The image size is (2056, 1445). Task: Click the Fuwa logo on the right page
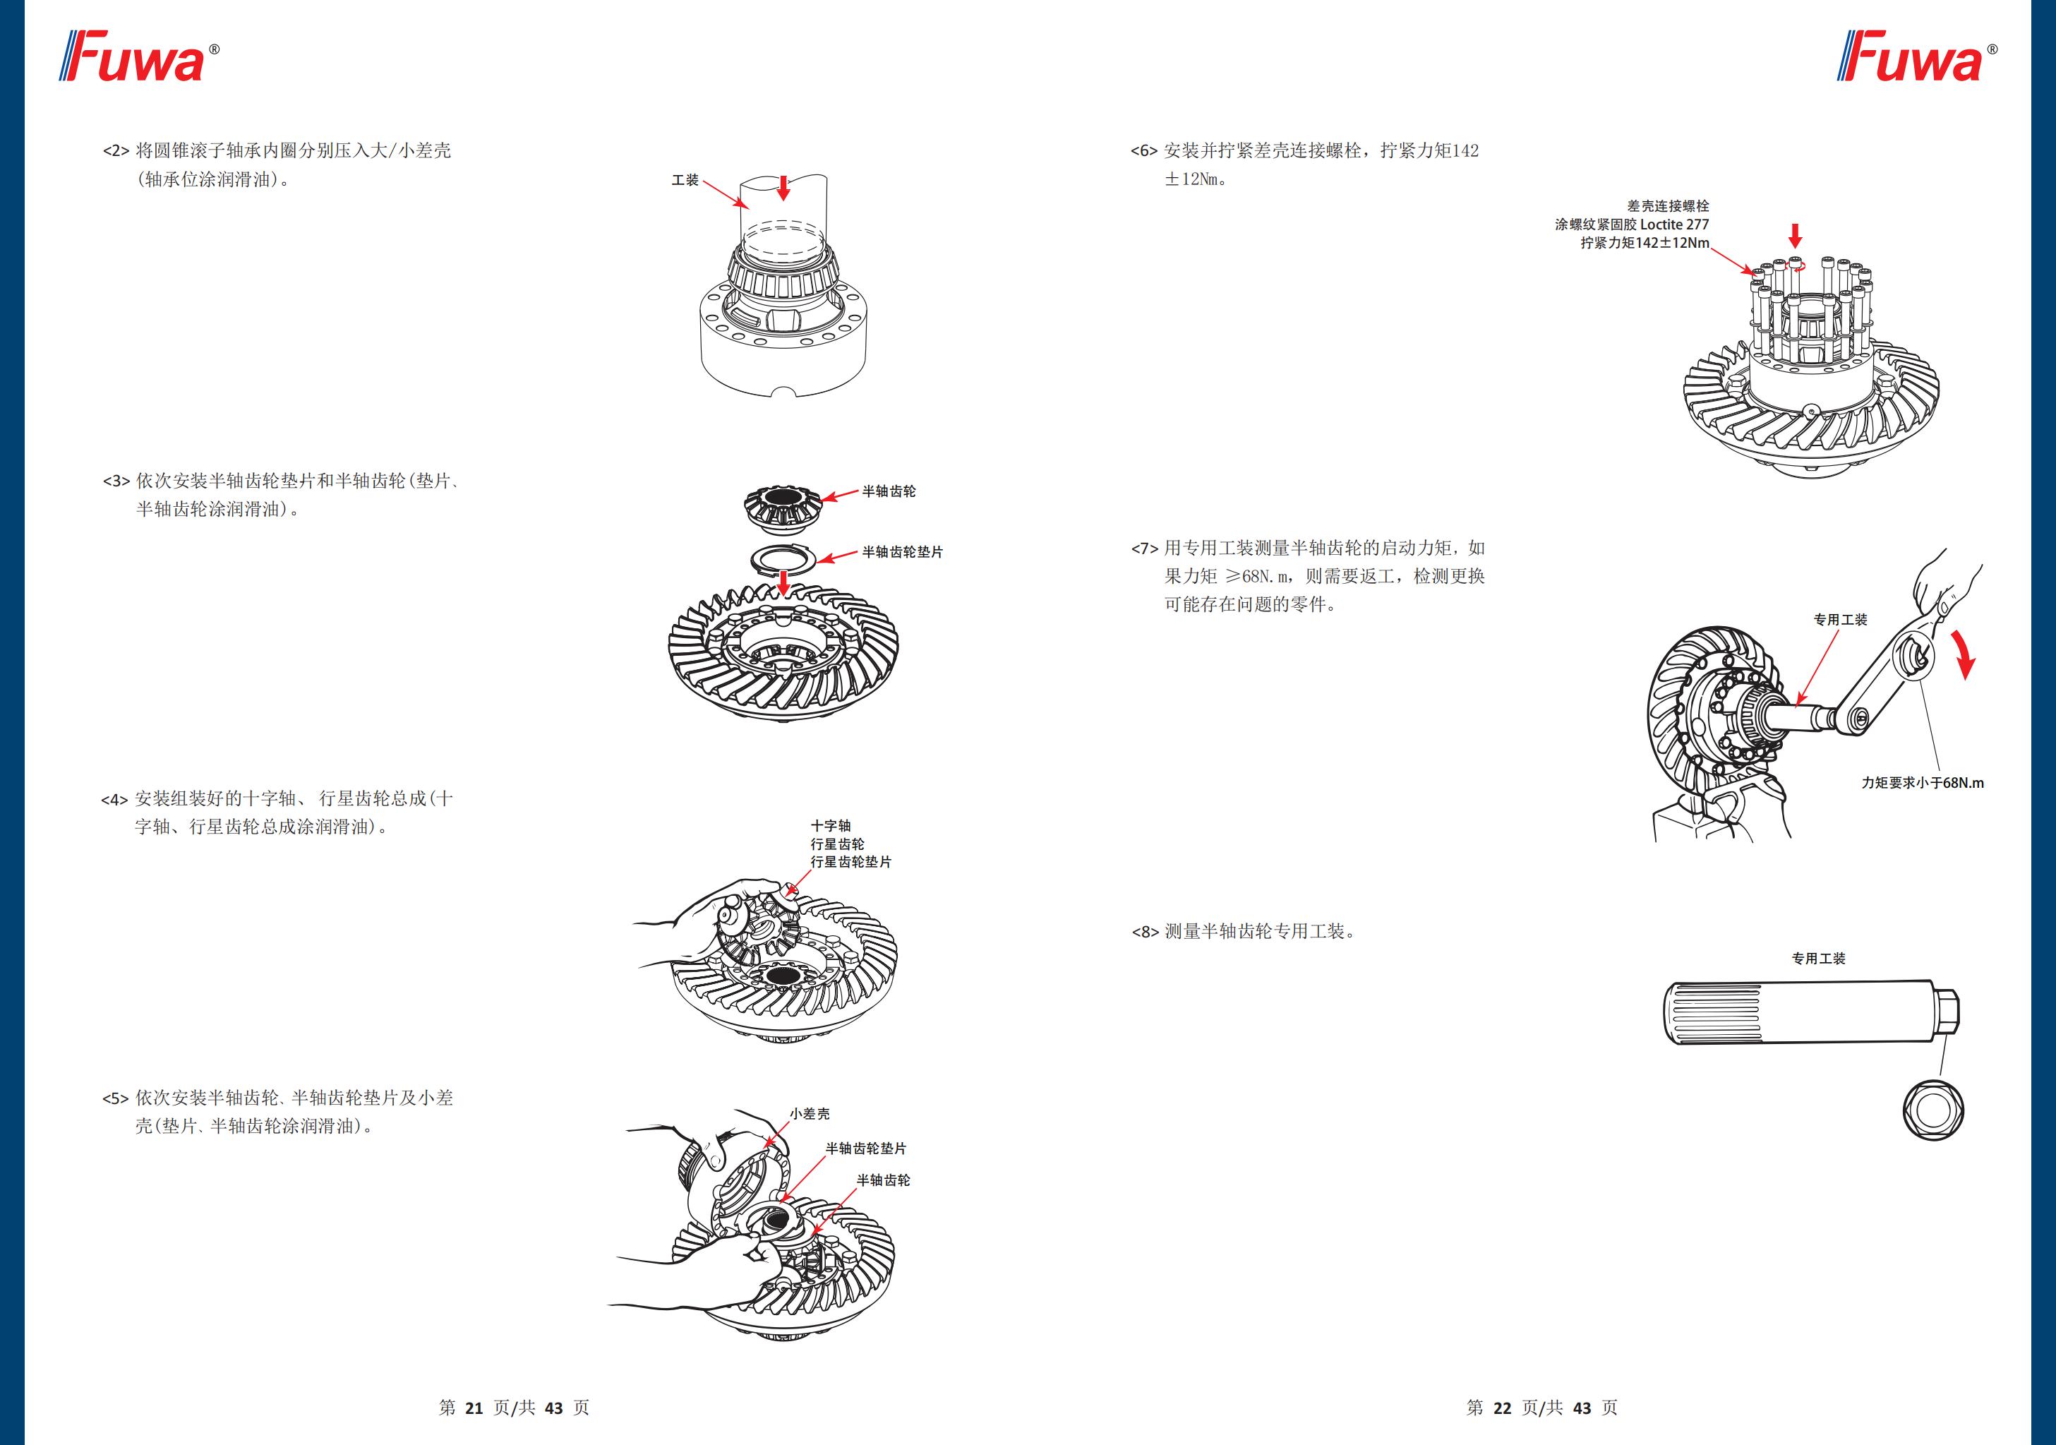pos(1916,56)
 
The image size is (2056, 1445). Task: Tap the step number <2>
pos(116,151)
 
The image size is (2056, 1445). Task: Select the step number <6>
pos(1143,151)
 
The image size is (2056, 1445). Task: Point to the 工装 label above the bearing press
pos(685,180)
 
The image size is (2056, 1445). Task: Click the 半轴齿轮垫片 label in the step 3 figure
pos(902,552)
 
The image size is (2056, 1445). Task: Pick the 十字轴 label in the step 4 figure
pos(830,825)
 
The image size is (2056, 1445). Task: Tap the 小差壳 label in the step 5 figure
pos(810,1113)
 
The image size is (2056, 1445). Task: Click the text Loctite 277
pos(1673,225)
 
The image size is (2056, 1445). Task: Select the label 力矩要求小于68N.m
pos(1923,783)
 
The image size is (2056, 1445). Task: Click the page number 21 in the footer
pos(474,1408)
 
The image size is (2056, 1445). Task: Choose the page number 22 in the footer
pos(1502,1408)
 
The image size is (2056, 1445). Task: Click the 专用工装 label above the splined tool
pos(1818,959)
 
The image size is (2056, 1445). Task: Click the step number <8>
pos(1144,933)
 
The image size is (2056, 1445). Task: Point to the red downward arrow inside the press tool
pos(783,187)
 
